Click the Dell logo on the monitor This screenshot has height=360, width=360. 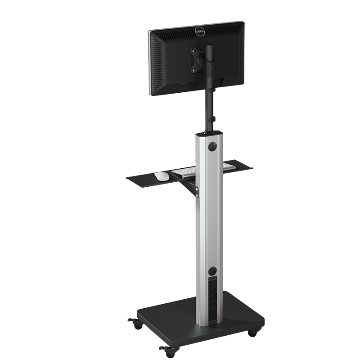[199, 31]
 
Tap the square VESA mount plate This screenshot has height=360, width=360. [198, 61]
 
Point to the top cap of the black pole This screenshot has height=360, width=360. [209, 47]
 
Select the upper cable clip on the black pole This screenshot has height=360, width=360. [212, 90]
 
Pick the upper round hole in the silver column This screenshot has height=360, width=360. [212, 147]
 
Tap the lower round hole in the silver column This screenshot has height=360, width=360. [213, 271]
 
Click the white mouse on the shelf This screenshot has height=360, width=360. [162, 176]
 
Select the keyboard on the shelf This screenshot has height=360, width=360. [203, 171]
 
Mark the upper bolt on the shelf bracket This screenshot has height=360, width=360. [197, 189]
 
